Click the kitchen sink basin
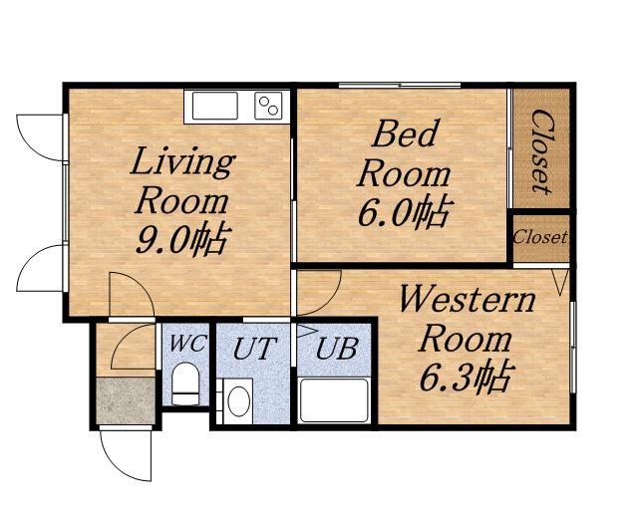click(x=215, y=106)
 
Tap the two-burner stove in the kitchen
click(x=268, y=106)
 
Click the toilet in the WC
click(x=185, y=383)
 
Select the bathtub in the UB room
click(x=334, y=400)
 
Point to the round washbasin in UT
click(x=238, y=401)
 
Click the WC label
click(x=187, y=344)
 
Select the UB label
click(x=337, y=349)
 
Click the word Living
click(x=182, y=162)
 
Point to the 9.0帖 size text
click(x=183, y=239)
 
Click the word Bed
click(x=406, y=133)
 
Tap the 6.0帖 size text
click(x=406, y=211)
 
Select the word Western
click(x=468, y=299)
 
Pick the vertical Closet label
click(x=542, y=151)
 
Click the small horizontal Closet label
click(x=540, y=237)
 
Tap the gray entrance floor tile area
click(x=126, y=401)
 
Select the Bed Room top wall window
click(x=400, y=86)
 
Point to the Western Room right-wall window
click(x=572, y=348)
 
